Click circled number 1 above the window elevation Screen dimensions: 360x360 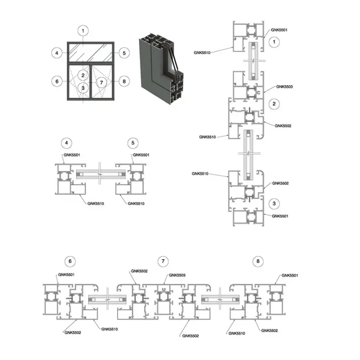pyautogui.click(x=83, y=31)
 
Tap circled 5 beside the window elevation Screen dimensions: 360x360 pyautogui.click(x=124, y=53)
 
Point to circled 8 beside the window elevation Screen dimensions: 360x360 pyautogui.click(x=124, y=82)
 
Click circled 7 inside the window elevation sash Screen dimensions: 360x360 pyautogui.click(x=102, y=83)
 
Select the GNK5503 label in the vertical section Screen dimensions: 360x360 pyautogui.click(x=284, y=86)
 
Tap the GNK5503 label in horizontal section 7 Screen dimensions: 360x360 pyautogui.click(x=177, y=275)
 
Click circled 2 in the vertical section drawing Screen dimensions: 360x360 pyautogui.click(x=274, y=103)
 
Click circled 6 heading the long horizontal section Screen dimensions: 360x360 pyautogui.click(x=70, y=261)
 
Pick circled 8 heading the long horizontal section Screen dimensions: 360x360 pyautogui.click(x=257, y=261)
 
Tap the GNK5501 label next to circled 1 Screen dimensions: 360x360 pyautogui.click(x=279, y=30)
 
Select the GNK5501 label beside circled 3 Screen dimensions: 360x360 pyautogui.click(x=280, y=216)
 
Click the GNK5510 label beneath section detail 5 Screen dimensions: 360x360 pyautogui.click(x=137, y=203)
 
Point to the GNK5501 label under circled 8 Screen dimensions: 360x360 pyautogui.click(x=290, y=275)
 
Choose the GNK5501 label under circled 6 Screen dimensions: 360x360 pyautogui.click(x=66, y=274)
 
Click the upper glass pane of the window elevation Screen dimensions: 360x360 pyautogui.click(x=90, y=53)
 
